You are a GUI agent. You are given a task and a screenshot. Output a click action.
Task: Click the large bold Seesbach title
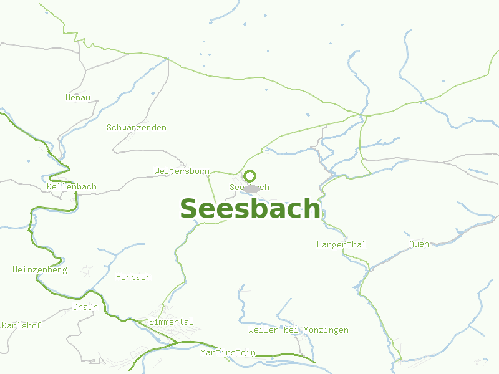[x=249, y=209]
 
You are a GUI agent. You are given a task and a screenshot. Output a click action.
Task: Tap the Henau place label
[x=78, y=97]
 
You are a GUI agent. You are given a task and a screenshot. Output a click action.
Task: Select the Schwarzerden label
[x=137, y=127]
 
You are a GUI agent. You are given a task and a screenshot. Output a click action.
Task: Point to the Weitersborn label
[x=182, y=171]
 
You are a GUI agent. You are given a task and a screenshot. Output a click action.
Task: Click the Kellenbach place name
[x=72, y=187]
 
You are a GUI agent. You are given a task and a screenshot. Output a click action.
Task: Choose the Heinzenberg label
[x=40, y=270]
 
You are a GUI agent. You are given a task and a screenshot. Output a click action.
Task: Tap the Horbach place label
[x=133, y=277]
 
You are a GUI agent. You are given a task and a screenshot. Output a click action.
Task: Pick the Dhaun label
[x=85, y=307]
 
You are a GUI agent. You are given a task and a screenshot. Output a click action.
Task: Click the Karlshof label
[x=22, y=325]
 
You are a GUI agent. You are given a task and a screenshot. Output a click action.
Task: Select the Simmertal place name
[x=171, y=322]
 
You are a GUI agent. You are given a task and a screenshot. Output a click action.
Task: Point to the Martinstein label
[x=228, y=353]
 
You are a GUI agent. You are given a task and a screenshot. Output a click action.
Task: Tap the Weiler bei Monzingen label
[x=298, y=330]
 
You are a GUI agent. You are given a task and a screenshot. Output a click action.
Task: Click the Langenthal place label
[x=341, y=244]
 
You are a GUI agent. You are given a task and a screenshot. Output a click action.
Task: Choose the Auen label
[x=419, y=244]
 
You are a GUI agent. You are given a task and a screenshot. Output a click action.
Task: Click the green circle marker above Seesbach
[x=249, y=176]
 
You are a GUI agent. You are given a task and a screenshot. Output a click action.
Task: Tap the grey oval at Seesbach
[x=252, y=188]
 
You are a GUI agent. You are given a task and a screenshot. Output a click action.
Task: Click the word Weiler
[x=263, y=330]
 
